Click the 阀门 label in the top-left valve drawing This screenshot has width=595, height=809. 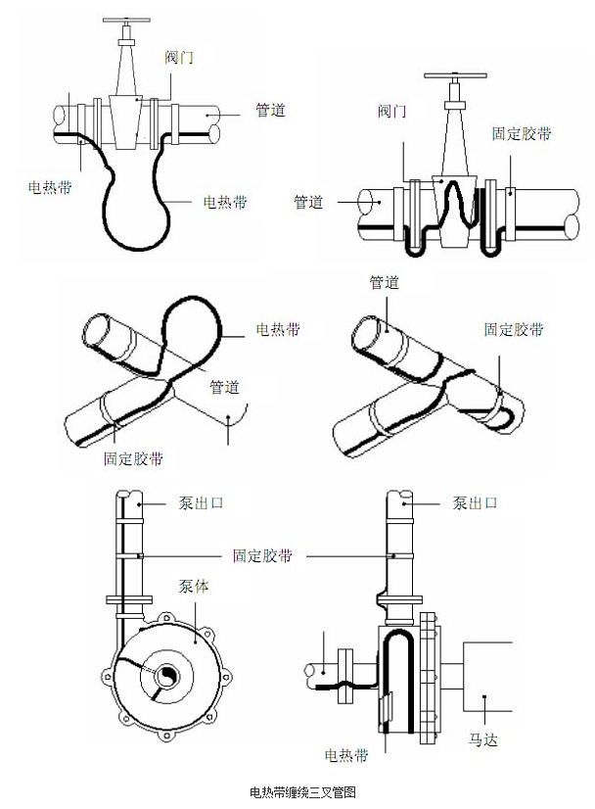click(179, 57)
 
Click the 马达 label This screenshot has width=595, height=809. click(483, 739)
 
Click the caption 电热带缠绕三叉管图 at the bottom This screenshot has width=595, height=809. click(297, 791)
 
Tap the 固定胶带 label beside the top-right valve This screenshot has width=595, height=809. click(521, 134)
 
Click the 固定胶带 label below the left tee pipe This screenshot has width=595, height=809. click(134, 457)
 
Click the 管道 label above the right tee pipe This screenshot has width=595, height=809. click(384, 282)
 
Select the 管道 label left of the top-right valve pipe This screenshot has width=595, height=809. click(308, 202)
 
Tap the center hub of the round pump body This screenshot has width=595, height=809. click(166, 675)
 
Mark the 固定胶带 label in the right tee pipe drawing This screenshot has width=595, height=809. click(515, 330)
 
